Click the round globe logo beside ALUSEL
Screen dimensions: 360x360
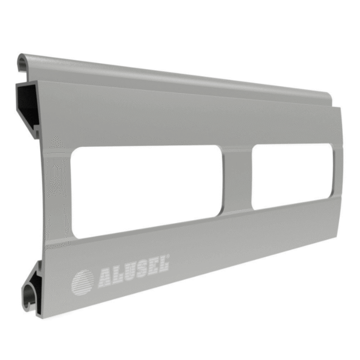click(83, 282)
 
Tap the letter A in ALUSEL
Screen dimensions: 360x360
click(106, 278)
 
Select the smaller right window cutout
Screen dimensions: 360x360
click(292, 176)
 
